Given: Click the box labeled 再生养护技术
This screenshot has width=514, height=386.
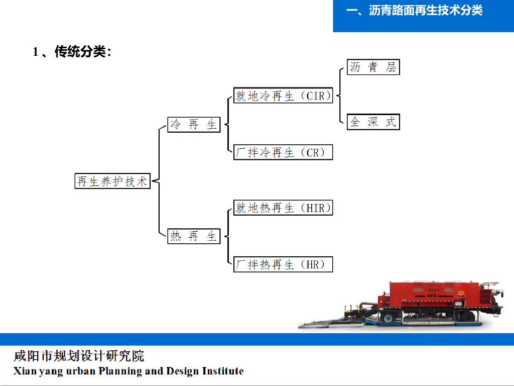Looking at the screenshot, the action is coord(112,181).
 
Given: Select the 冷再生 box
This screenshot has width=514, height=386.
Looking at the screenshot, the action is coord(194,125).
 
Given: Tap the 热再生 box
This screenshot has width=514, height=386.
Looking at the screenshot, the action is coord(194,236).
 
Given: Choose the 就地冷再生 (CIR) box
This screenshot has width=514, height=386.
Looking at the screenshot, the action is coord(283,95).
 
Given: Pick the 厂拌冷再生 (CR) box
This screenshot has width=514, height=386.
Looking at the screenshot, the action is coord(283,152).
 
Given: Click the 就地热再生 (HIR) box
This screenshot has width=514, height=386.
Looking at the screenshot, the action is coord(283,208).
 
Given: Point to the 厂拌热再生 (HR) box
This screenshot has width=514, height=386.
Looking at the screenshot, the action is coord(283,264).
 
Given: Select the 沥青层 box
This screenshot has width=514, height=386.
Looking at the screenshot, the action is coord(373,67).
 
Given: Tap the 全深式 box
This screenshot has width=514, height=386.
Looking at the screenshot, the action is coord(373,122).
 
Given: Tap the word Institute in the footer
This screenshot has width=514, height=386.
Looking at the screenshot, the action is coord(223,371).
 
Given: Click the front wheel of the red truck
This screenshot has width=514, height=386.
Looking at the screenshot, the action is coord(388,318).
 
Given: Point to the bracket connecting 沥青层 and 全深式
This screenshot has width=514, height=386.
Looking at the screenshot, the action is coord(340,95).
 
